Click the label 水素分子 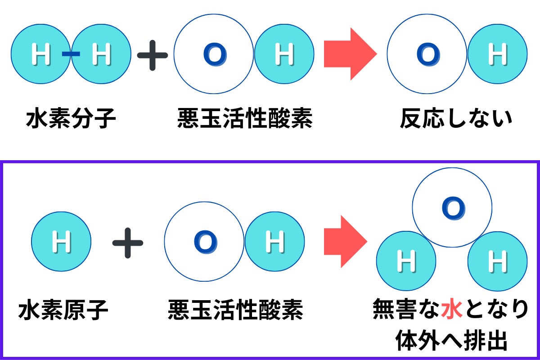tap(71, 119)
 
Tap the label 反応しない tap(456, 119)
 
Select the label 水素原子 tap(63, 310)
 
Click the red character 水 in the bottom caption tap(452, 310)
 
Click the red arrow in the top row tap(350, 54)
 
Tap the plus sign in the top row tap(153, 54)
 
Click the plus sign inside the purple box tap(128, 242)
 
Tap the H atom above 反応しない tap(497, 54)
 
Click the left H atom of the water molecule tap(406, 261)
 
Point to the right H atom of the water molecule tap(497, 261)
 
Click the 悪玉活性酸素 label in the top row tap(245, 119)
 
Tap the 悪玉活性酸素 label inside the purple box tap(235, 310)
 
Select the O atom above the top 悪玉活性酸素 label tap(214, 54)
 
